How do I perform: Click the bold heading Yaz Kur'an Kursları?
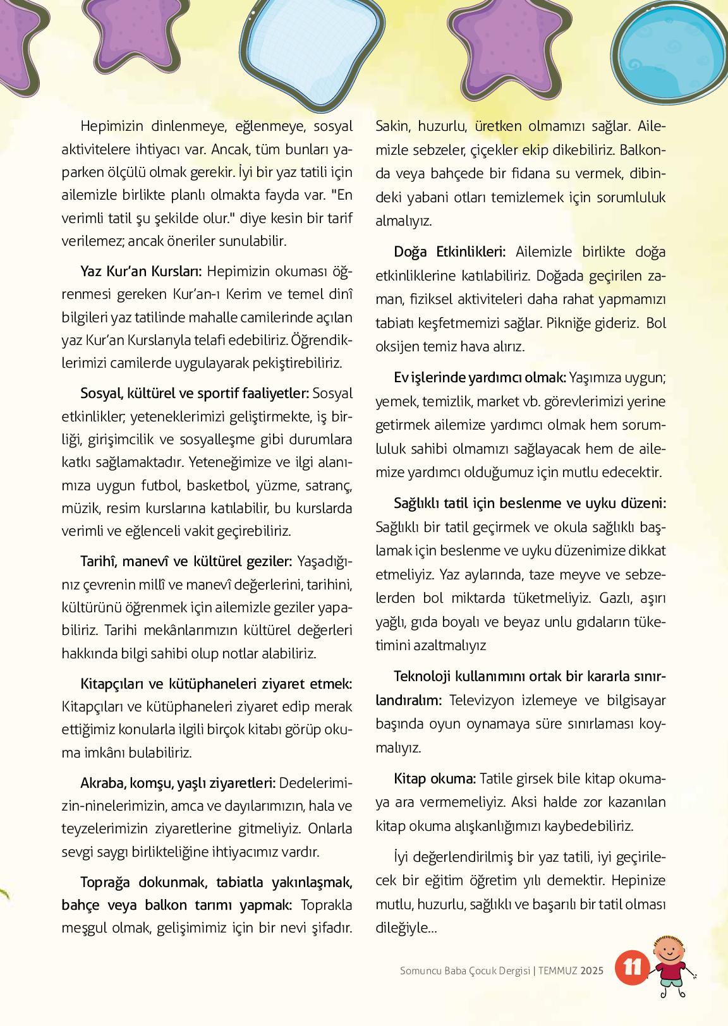(141, 272)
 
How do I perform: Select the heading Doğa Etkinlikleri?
(449, 252)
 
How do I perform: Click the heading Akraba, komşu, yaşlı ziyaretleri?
(178, 783)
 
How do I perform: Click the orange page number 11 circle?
(632, 968)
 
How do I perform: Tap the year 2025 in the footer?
(592, 970)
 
